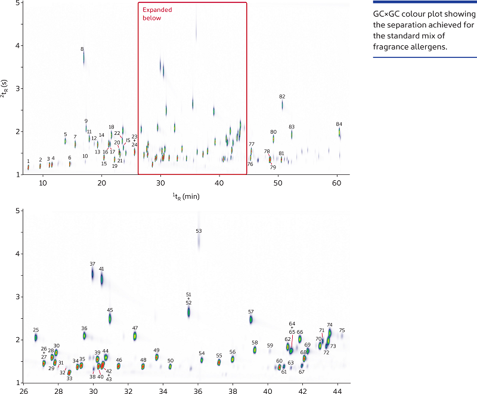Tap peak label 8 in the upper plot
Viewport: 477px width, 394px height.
(x=82, y=49)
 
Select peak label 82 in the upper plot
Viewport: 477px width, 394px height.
(x=282, y=96)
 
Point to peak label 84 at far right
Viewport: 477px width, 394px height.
(x=339, y=124)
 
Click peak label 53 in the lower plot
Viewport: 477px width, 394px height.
(x=199, y=230)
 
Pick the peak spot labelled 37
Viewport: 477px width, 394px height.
(x=93, y=273)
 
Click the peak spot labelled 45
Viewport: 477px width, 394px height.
(x=110, y=318)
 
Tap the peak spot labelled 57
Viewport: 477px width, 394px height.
(x=251, y=319)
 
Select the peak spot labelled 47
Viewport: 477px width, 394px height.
(x=135, y=336)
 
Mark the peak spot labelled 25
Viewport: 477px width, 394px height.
(x=36, y=337)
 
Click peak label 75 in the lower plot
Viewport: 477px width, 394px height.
(x=342, y=330)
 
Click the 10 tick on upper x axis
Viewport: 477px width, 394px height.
(x=43, y=182)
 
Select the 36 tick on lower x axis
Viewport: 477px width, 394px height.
(x=198, y=391)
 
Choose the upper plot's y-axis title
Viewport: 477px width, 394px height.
(x=5, y=88)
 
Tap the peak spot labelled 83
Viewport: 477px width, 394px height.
(x=292, y=134)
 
